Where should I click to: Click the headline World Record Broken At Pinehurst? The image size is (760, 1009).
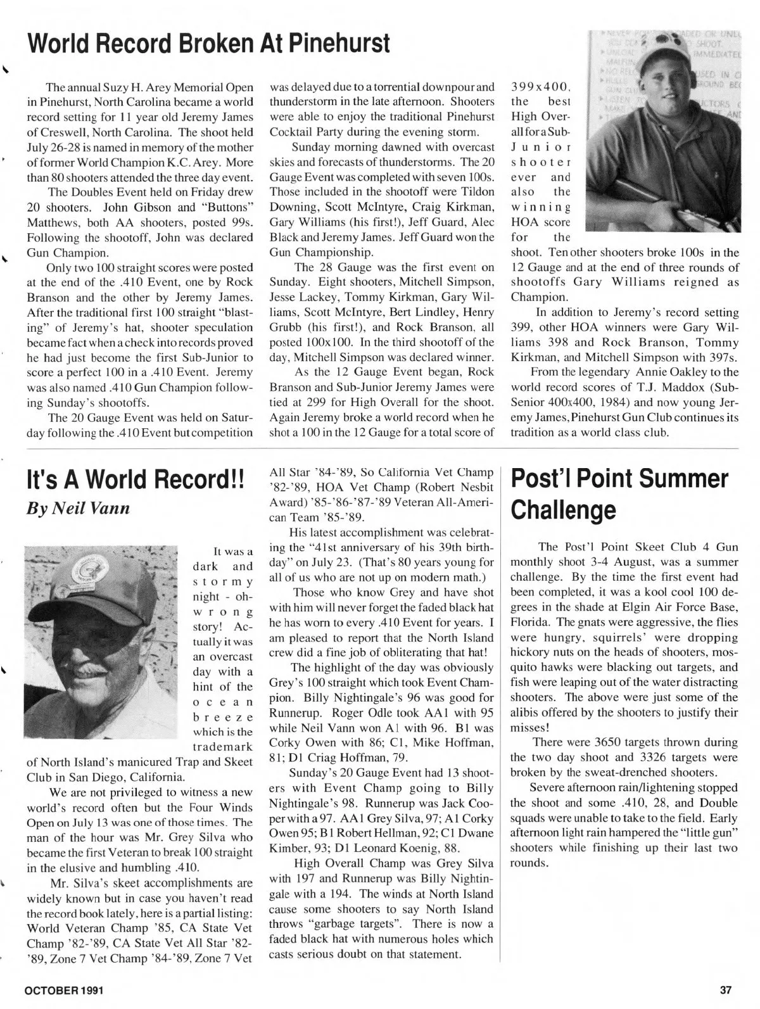coord(208,43)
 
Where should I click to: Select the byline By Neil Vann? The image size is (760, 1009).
coord(79,508)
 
